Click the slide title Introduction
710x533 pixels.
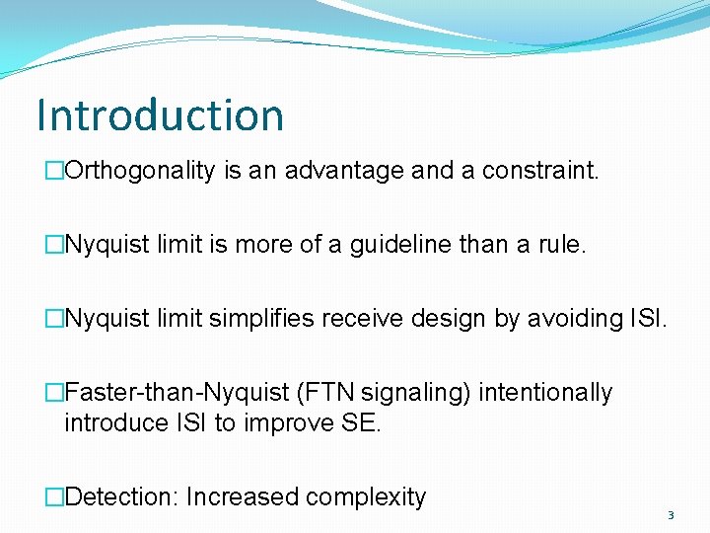point(160,114)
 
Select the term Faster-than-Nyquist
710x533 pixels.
point(177,393)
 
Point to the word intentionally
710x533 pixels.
point(545,393)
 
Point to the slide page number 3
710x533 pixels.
point(671,515)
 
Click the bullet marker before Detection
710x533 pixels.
point(55,496)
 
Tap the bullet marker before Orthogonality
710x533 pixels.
point(55,171)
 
